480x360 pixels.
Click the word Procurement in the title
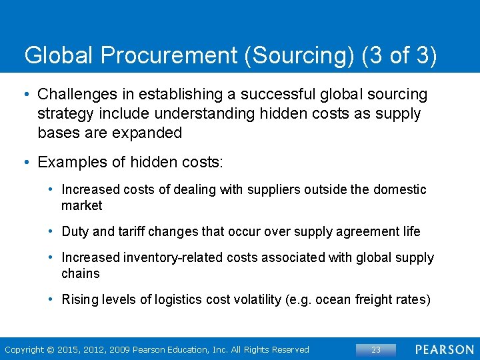point(172,55)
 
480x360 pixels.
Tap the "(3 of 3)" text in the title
point(399,55)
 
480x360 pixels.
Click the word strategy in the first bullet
point(65,114)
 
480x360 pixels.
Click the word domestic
point(400,189)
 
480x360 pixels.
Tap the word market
point(82,205)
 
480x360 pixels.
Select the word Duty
point(75,231)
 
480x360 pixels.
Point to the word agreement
point(354,231)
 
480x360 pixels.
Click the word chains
point(81,273)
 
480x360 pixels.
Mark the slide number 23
point(376,349)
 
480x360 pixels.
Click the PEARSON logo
point(445,349)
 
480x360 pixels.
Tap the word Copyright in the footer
point(24,349)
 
